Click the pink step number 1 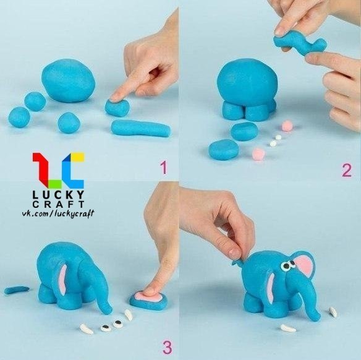click(x=163, y=168)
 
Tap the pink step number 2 click(x=347, y=170)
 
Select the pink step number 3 click(x=168, y=348)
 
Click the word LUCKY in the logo click(x=59, y=195)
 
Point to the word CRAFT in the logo click(x=59, y=204)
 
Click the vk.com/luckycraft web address click(x=58, y=213)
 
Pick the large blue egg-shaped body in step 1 click(x=69, y=80)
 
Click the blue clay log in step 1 click(x=140, y=128)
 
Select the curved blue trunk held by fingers click(x=299, y=45)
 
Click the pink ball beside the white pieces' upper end click(x=287, y=126)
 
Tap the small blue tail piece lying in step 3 click(x=17, y=289)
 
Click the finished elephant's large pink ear click(x=304, y=267)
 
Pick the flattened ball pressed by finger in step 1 click(x=117, y=108)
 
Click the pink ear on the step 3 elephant click(x=62, y=280)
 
